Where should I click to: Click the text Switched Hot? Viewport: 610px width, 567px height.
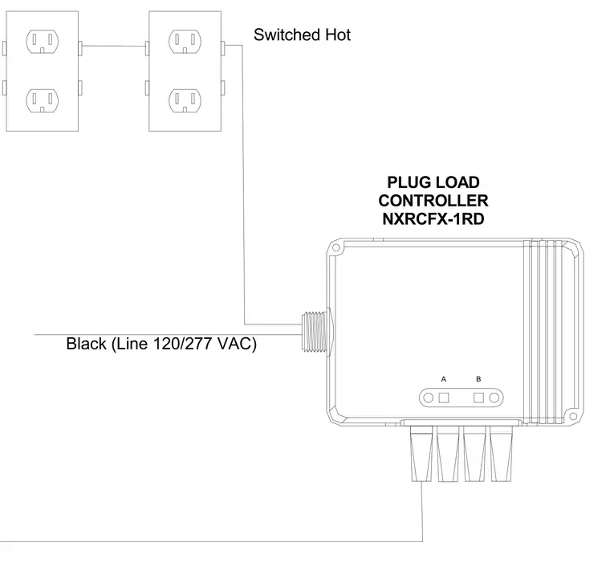(x=302, y=35)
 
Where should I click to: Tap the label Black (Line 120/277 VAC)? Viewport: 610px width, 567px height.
(x=161, y=344)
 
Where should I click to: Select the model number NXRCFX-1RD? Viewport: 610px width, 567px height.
(x=433, y=219)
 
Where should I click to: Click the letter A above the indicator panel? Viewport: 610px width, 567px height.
(x=444, y=379)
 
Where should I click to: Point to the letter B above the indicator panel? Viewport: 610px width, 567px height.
(x=478, y=379)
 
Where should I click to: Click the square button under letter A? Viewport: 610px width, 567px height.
(x=444, y=398)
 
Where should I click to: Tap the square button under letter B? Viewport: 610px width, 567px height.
(x=478, y=398)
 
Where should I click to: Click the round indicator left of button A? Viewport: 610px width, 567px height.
(x=429, y=398)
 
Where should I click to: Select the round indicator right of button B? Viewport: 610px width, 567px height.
(x=494, y=398)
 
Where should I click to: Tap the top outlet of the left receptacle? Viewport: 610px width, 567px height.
(x=43, y=41)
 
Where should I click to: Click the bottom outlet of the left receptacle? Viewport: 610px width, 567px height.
(x=43, y=101)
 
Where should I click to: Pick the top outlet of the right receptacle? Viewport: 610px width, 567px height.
(x=185, y=41)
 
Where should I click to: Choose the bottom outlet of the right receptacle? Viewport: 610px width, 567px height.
(x=185, y=101)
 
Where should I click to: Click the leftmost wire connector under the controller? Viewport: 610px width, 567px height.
(x=421, y=454)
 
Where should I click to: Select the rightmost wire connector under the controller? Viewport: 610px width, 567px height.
(x=501, y=454)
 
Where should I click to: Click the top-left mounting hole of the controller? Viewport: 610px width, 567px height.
(x=336, y=248)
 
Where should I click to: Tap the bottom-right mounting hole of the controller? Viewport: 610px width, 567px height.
(x=572, y=416)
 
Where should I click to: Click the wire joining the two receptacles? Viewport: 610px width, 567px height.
(x=114, y=47)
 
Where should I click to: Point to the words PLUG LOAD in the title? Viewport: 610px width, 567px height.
(x=433, y=182)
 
